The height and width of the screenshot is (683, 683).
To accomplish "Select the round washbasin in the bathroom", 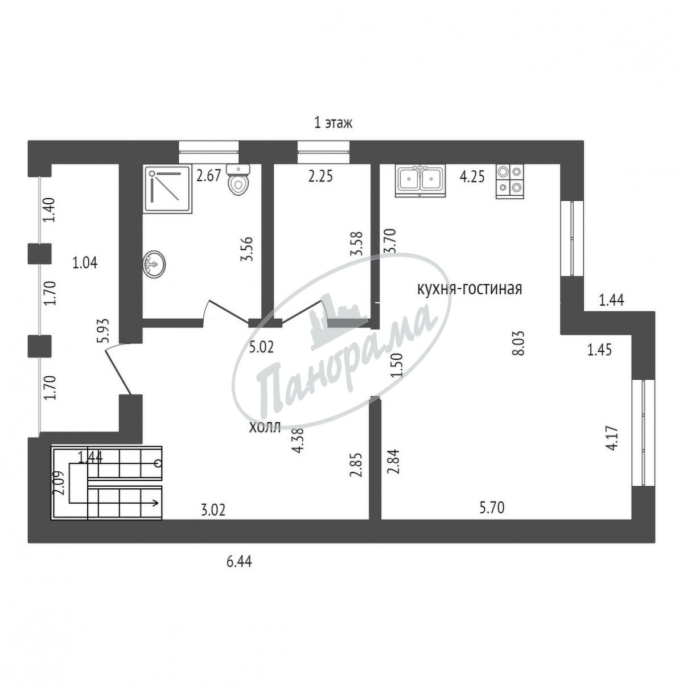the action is click(x=154, y=264).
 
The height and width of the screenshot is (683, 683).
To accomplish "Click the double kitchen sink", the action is click(x=421, y=180).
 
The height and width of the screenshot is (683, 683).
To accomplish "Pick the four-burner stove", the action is click(x=510, y=181).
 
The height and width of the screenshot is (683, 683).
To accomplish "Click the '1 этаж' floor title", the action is click(x=334, y=124).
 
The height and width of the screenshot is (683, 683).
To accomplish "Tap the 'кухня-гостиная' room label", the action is click(x=470, y=289).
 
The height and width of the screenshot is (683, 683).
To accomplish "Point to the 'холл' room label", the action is click(x=265, y=427).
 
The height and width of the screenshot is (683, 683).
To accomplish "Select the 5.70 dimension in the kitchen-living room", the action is click(x=491, y=518).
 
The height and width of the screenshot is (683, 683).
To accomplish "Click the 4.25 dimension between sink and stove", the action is click(x=472, y=176).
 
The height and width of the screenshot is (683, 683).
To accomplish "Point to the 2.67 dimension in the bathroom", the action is click(x=209, y=176).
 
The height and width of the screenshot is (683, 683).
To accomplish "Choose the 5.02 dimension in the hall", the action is click(x=261, y=348).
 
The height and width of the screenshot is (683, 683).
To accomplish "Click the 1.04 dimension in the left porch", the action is click(x=85, y=263).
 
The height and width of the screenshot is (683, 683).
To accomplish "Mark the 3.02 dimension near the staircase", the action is click(x=213, y=520).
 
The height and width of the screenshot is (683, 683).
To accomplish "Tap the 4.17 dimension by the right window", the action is click(x=612, y=438).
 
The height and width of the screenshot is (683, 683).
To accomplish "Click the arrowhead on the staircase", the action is click(x=155, y=503).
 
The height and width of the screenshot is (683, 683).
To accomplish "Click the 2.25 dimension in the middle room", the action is click(x=320, y=176).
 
